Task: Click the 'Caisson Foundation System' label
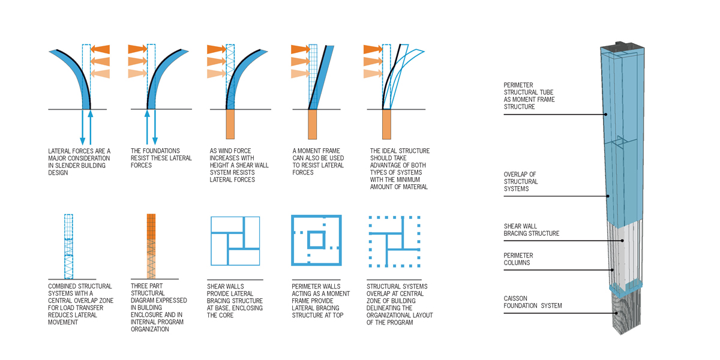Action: point(533,302)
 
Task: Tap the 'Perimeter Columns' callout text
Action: point(518,259)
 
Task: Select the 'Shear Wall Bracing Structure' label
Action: point(532,230)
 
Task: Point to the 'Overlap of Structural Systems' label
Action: point(521,182)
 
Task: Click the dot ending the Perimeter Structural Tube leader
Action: point(605,115)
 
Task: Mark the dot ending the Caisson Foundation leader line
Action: point(616,313)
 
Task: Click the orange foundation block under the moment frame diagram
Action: point(312,124)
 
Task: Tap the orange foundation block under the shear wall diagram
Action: point(230,124)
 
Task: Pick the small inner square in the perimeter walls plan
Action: point(316,240)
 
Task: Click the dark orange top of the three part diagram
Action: point(151,227)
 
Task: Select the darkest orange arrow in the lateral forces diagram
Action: point(100,49)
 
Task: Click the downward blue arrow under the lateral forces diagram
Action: point(83,127)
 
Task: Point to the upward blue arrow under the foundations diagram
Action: point(147,127)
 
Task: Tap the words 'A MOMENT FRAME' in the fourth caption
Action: point(316,151)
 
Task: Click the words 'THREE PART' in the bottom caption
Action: point(146,286)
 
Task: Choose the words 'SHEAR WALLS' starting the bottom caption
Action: point(226,286)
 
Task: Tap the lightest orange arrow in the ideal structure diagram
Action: point(373,74)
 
